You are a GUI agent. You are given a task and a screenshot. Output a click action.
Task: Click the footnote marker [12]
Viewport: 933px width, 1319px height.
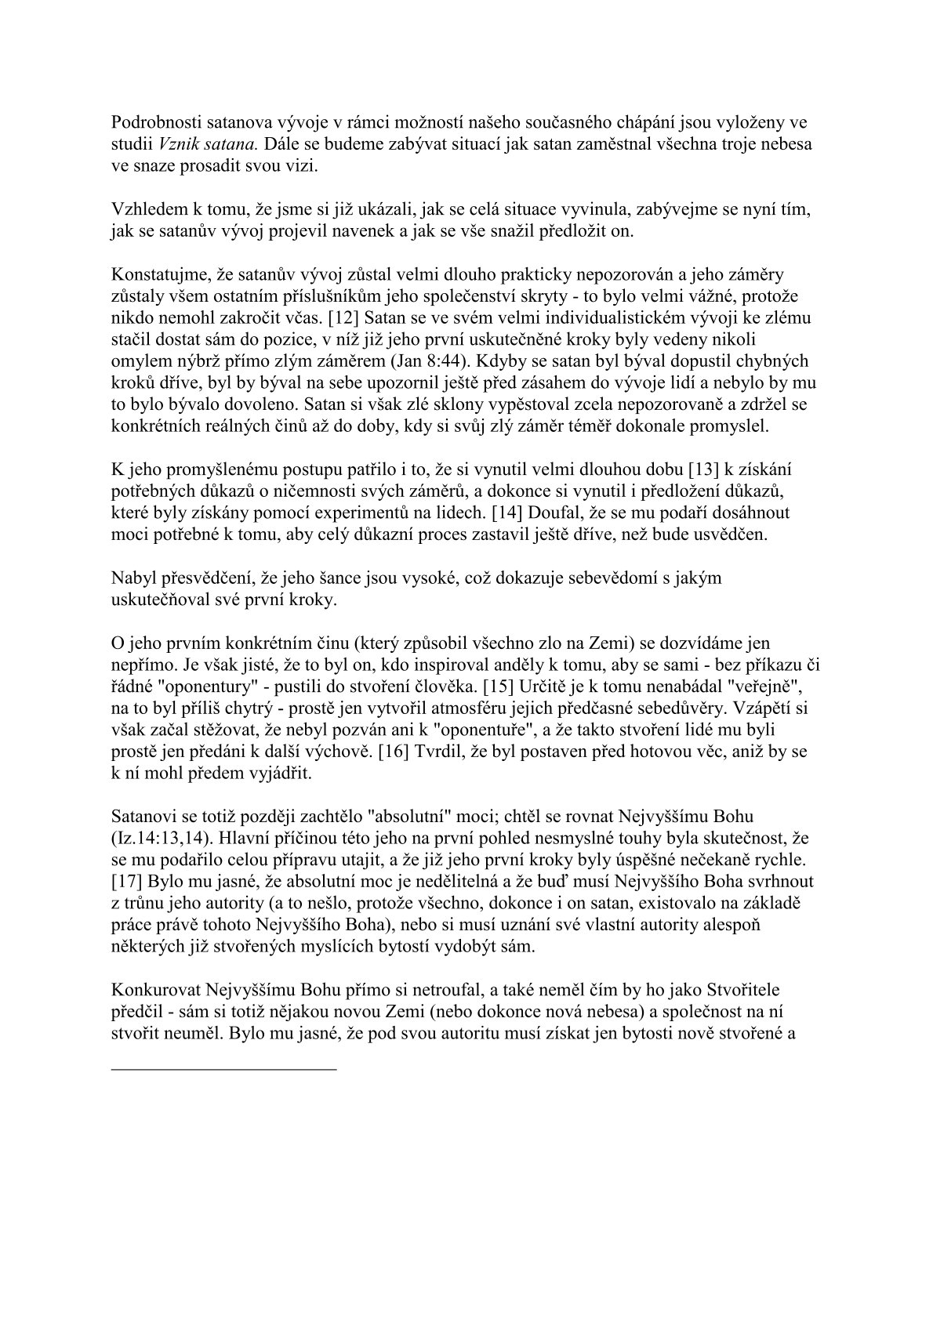click(343, 318)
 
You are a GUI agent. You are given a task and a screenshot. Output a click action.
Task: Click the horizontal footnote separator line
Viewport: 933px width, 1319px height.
click(224, 1068)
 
